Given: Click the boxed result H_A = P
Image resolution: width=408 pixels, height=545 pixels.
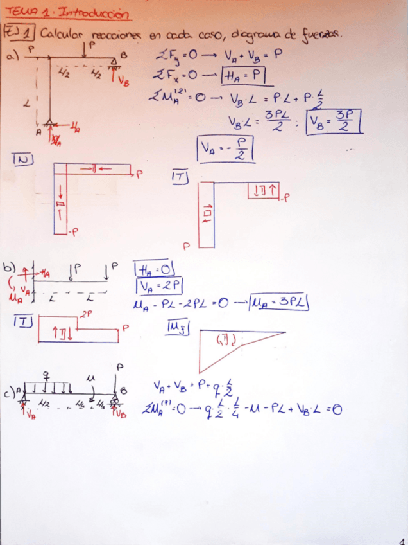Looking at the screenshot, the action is click(x=244, y=76).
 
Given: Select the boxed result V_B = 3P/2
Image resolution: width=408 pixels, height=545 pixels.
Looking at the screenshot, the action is click(x=334, y=120).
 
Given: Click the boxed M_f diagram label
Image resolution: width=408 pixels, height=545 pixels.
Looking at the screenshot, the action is click(x=176, y=328).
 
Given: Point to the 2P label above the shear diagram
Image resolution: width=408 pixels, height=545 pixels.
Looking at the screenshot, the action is click(x=86, y=313).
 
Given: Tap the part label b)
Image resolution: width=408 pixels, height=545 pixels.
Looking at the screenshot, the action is click(x=9, y=267).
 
